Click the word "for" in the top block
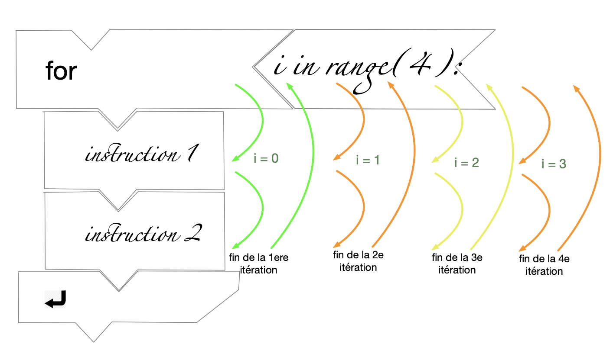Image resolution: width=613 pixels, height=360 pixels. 61,71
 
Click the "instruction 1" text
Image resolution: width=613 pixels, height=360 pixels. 138,154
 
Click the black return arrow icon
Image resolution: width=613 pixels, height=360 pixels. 55,299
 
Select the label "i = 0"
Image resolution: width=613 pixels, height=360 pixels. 266,158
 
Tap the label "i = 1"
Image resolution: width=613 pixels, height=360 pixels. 368,160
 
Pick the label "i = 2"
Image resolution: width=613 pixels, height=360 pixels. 466,163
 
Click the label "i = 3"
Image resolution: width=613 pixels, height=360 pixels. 554,164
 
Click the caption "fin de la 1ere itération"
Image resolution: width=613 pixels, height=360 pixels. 258,264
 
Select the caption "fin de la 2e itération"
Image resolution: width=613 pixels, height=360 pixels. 358,261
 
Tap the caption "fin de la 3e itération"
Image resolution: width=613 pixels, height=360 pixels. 457,264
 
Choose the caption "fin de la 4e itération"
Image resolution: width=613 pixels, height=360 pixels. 544,265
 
